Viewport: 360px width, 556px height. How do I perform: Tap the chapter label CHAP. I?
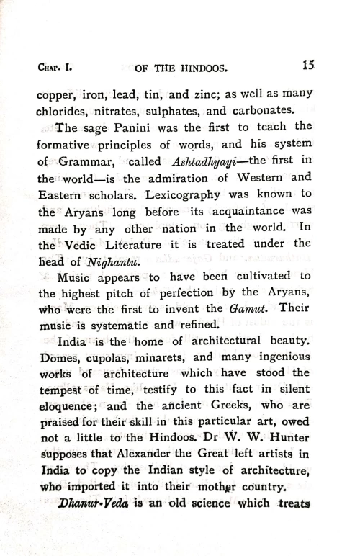(56, 70)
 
